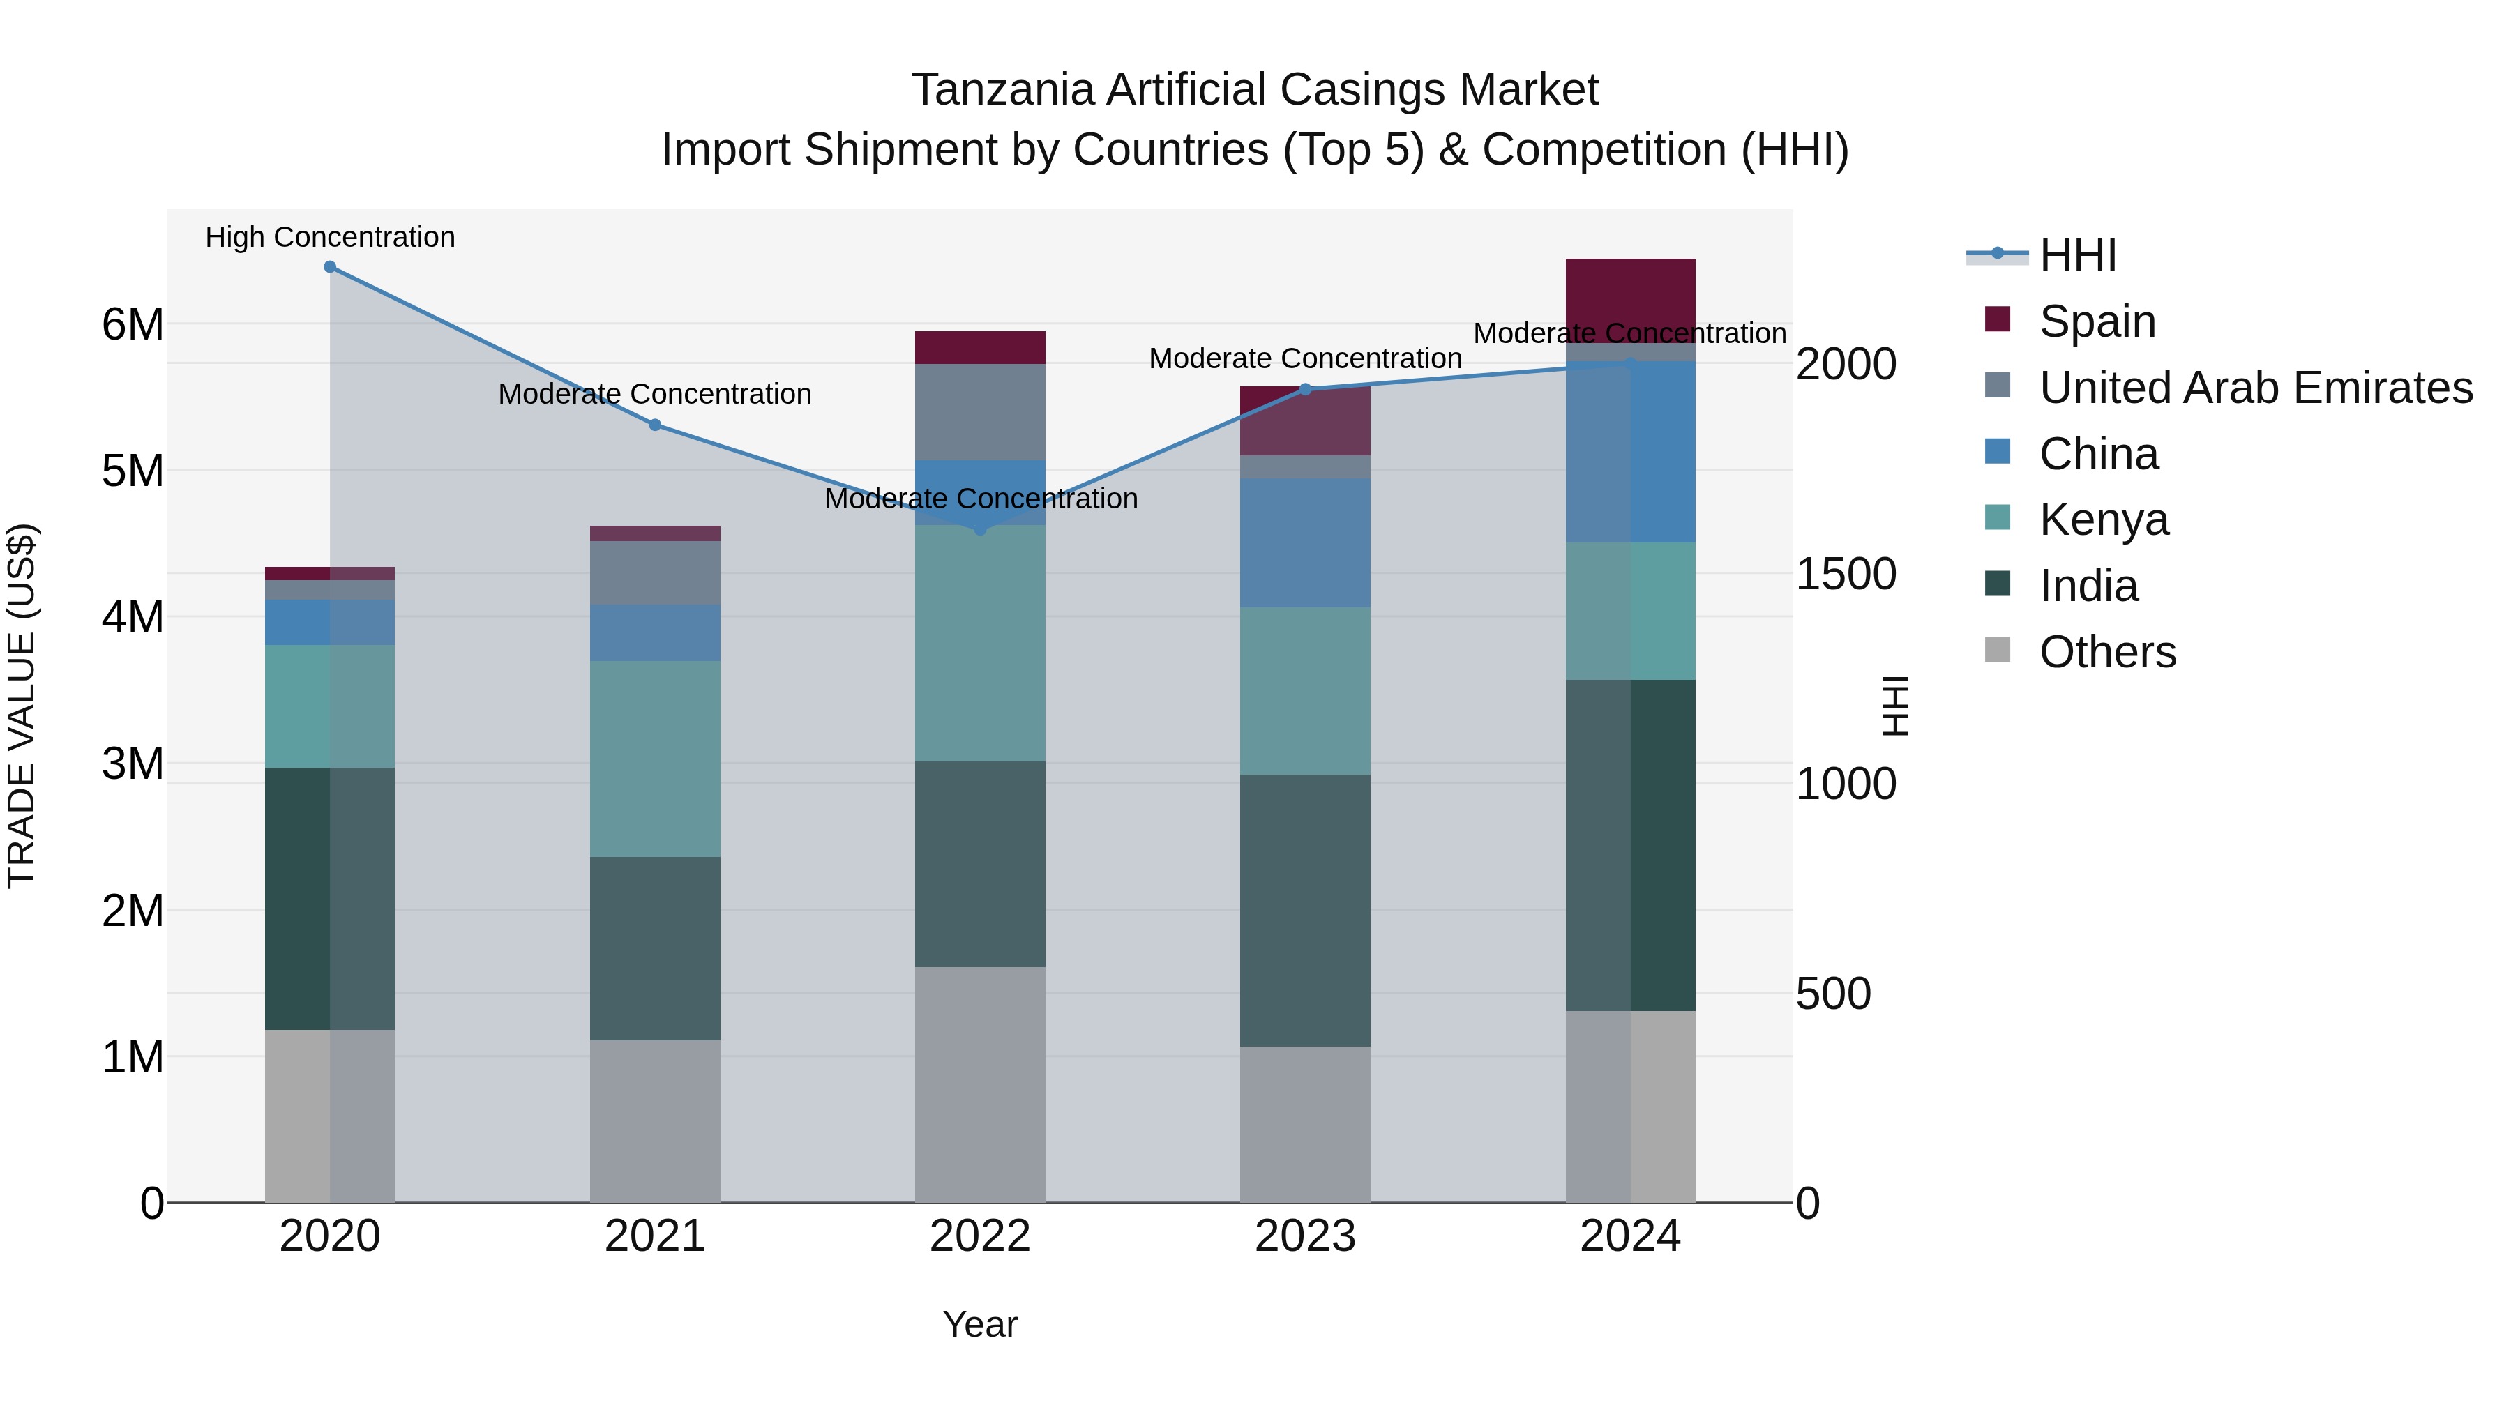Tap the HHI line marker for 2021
(655, 425)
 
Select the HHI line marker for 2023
(1305, 390)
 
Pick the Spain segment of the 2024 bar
(1630, 292)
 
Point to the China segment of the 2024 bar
(1630, 451)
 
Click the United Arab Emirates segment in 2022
(980, 411)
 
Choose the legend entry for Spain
(2096, 321)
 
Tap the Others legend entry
(2106, 652)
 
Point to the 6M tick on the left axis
(133, 324)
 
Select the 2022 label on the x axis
(980, 1236)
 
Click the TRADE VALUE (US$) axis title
(22, 706)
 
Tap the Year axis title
(980, 1324)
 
